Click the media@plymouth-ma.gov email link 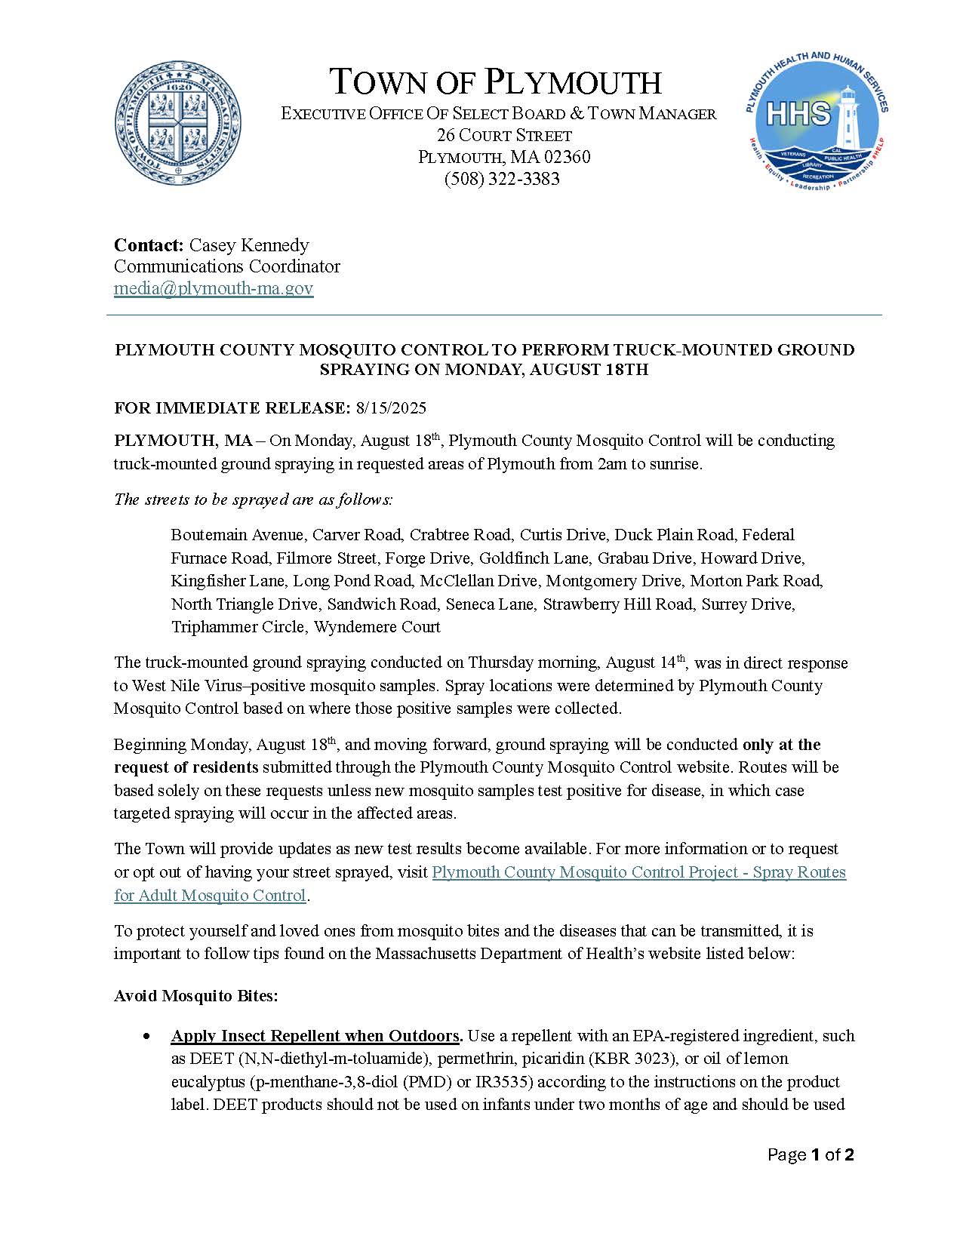214,288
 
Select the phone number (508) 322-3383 502,179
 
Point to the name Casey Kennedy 249,245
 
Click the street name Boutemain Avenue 237,535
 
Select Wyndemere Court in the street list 377,627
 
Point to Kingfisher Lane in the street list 228,581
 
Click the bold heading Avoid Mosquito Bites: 196,996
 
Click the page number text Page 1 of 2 811,1155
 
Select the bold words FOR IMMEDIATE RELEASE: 232,408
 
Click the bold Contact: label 149,245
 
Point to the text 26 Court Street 504,136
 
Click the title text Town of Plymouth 497,81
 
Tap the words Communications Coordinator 227,266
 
